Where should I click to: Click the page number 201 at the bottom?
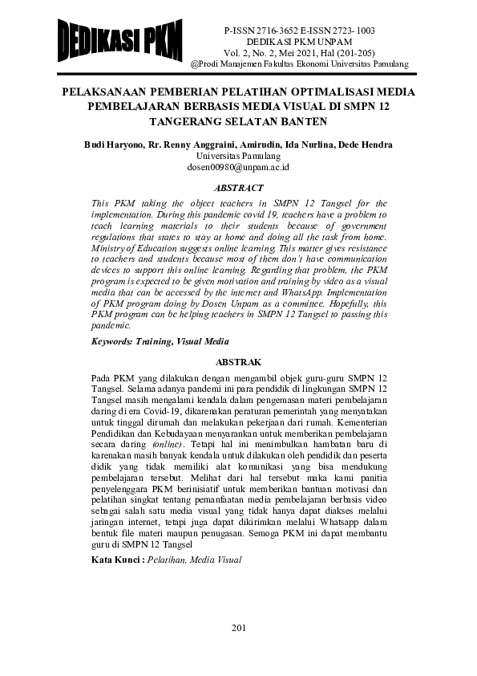(x=238, y=627)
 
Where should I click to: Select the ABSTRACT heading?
(x=238, y=187)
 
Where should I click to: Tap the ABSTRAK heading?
(x=238, y=362)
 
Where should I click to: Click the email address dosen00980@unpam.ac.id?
(x=238, y=167)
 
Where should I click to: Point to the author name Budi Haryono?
(x=115, y=145)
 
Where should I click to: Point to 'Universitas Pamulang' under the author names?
(x=238, y=156)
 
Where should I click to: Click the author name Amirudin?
(x=262, y=145)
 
